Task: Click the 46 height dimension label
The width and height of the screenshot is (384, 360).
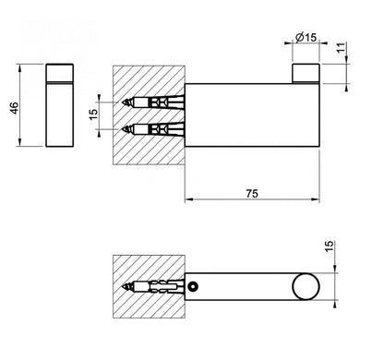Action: [15, 108]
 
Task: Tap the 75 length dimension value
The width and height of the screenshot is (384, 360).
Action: [252, 194]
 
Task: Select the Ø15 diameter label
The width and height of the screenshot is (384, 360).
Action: [306, 37]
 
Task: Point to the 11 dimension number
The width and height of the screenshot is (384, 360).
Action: [341, 48]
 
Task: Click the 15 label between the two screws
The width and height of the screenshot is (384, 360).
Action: [93, 114]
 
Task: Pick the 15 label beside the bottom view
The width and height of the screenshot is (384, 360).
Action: [329, 246]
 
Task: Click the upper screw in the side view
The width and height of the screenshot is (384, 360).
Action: [153, 102]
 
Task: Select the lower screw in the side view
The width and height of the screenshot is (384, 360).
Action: [153, 129]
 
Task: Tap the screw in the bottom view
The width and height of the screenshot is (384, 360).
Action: [153, 287]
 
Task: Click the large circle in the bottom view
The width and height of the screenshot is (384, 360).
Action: [306, 286]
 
